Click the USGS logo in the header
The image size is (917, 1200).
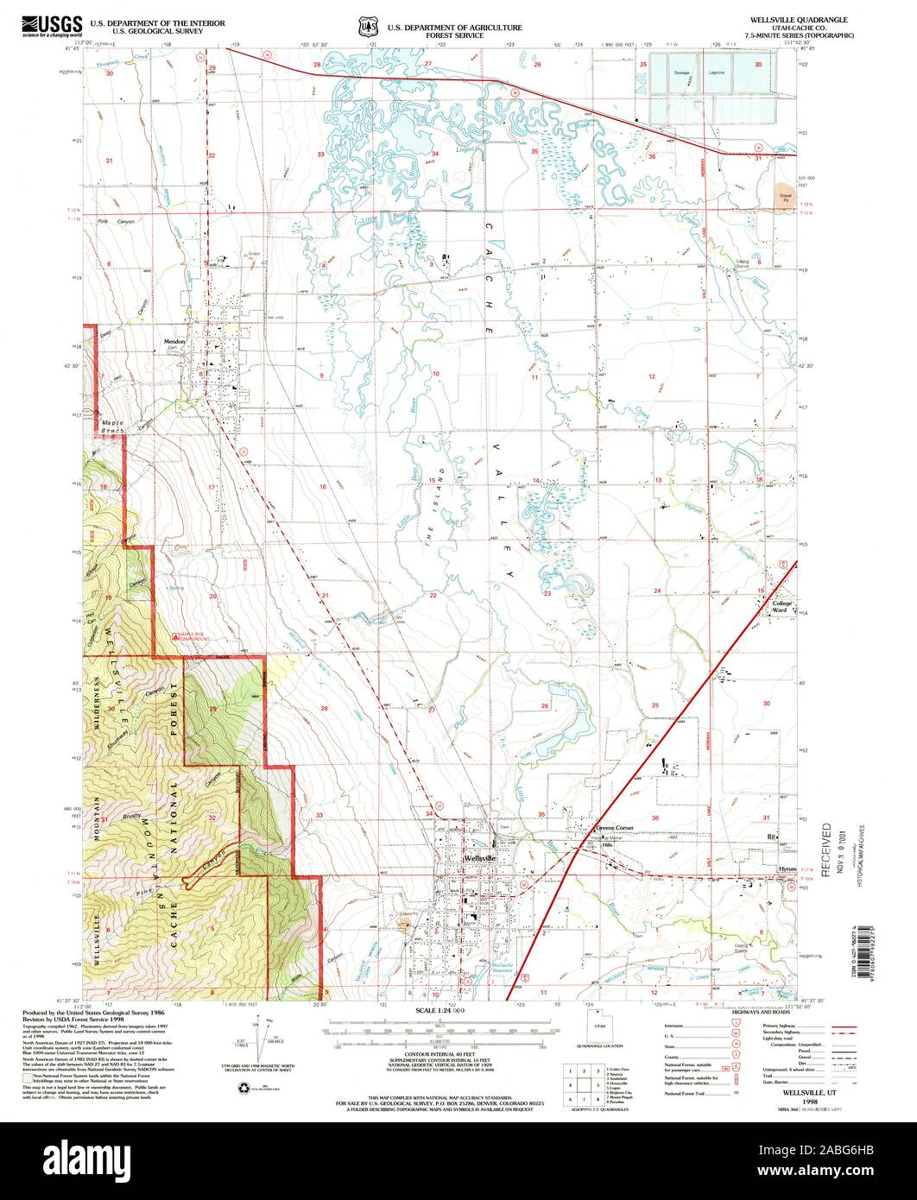coord(52,25)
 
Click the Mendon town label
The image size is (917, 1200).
coord(175,342)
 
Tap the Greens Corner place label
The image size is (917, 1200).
coord(615,828)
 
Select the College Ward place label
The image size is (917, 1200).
coord(781,606)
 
